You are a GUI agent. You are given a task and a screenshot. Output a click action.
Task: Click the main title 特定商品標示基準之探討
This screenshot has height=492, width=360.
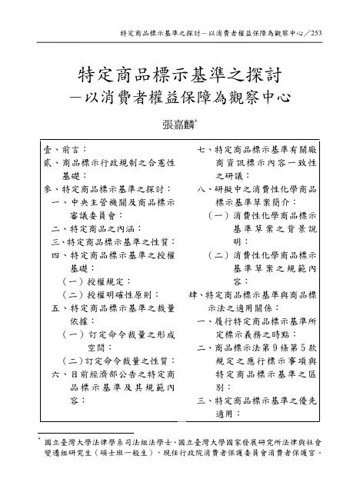pyautogui.click(x=179, y=76)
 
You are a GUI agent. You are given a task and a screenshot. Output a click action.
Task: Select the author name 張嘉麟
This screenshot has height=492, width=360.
pyautogui.click(x=177, y=126)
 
